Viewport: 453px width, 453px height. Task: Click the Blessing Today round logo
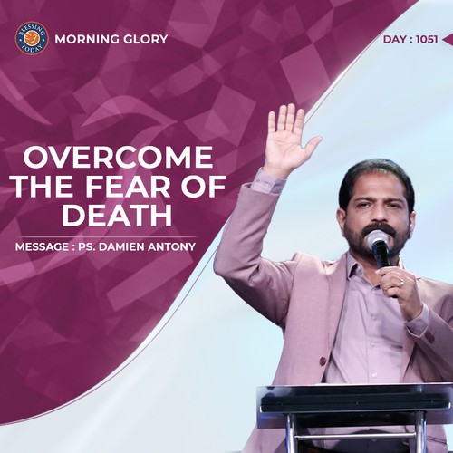click(x=32, y=38)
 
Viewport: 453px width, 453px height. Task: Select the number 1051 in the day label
click(x=427, y=40)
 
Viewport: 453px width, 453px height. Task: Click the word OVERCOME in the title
click(x=119, y=157)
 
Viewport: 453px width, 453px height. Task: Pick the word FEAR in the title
click(x=128, y=187)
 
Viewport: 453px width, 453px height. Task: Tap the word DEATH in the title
click(x=117, y=216)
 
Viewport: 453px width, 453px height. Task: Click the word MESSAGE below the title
click(x=42, y=246)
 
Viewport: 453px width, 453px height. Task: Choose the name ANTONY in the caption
click(x=172, y=246)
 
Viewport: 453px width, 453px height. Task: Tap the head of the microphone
click(x=377, y=239)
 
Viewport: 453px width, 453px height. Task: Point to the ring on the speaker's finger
click(x=401, y=284)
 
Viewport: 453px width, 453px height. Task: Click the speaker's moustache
click(x=379, y=230)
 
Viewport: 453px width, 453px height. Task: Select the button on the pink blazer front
click(x=323, y=361)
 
